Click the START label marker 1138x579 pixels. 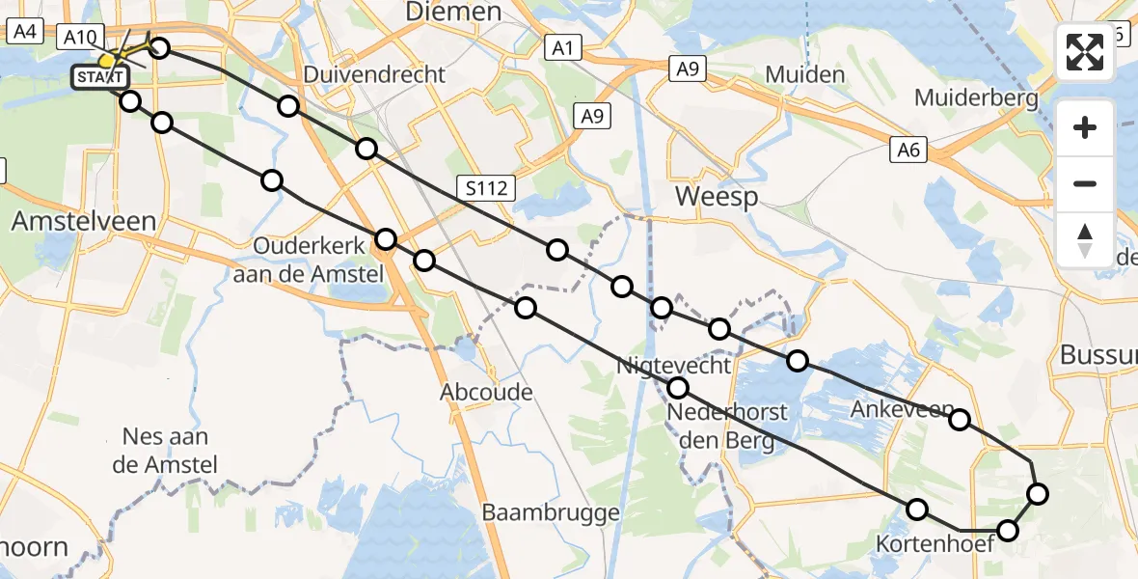99,77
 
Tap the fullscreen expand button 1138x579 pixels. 1085,52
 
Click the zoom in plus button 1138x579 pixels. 1085,127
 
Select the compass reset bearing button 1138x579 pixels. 1085,239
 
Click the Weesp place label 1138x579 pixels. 716,196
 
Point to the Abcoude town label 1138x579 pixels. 486,393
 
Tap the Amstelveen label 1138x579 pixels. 83,221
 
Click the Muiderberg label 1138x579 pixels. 976,97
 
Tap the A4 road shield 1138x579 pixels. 24,32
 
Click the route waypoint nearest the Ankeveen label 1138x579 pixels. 960,420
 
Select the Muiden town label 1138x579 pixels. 804,74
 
